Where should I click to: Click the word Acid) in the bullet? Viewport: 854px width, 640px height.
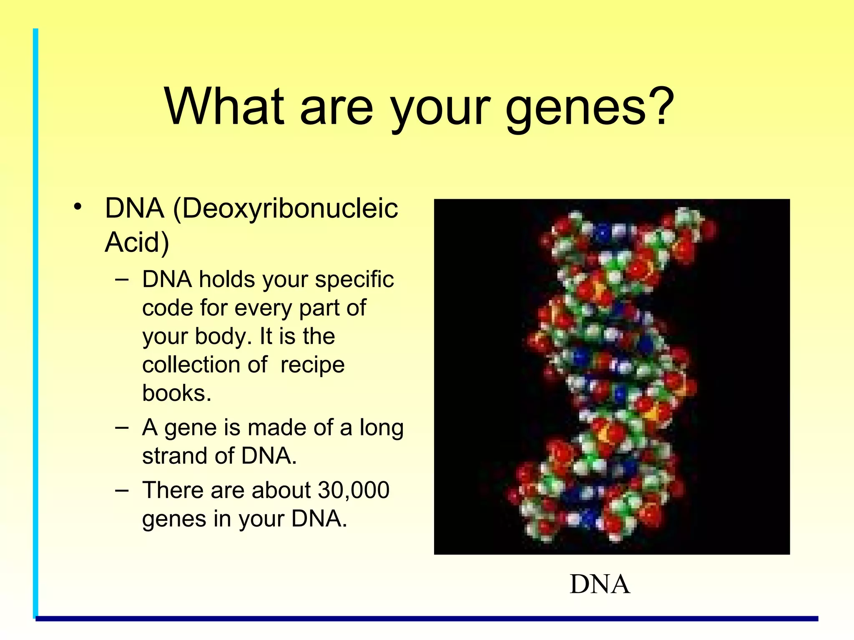[137, 242]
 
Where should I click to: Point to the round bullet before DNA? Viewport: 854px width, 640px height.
[77, 207]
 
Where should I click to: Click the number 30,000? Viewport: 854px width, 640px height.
[353, 490]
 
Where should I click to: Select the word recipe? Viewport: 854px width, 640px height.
[312, 365]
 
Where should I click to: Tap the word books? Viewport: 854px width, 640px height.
[176, 393]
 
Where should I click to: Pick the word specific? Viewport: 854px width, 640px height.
[354, 280]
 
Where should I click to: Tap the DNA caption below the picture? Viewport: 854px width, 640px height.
[599, 584]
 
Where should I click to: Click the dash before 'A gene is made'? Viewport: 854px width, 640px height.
[121, 428]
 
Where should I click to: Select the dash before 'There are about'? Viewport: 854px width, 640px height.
[121, 490]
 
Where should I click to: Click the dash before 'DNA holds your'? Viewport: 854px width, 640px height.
[121, 280]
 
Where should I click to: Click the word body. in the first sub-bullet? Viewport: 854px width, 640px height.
[223, 336]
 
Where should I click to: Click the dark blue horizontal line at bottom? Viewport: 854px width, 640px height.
[425, 619]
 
